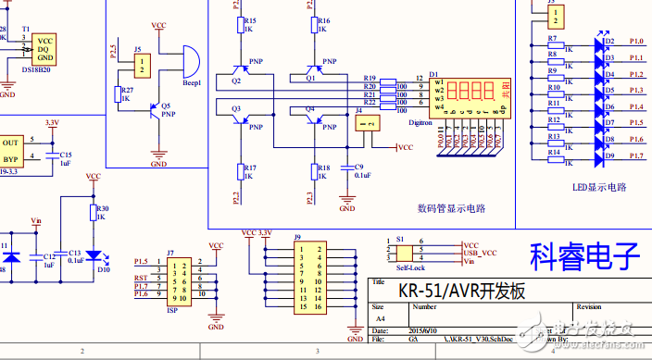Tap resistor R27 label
coord(128,89)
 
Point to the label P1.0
coord(636,41)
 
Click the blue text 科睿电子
coord(585,254)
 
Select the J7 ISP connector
coord(178,280)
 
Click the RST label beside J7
coord(141,278)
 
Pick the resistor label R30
coord(103,209)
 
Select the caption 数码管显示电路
coord(452,208)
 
